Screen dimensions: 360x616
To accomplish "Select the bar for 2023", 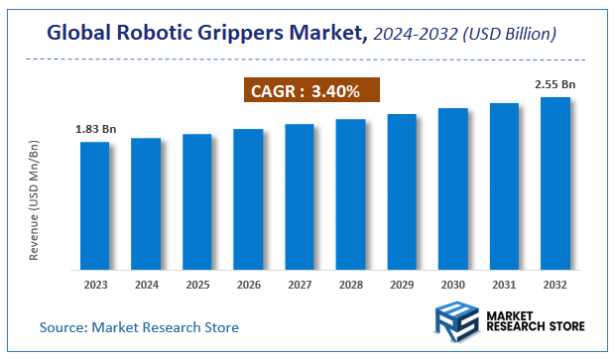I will (x=94, y=205).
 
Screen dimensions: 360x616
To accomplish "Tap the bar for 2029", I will (x=402, y=191).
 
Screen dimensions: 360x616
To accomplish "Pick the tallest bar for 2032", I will (x=555, y=183).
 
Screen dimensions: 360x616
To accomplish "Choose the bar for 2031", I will (x=504, y=186).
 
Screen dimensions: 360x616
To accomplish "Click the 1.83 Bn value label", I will (x=94, y=130).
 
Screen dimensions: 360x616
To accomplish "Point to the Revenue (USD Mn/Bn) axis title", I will (x=35, y=200).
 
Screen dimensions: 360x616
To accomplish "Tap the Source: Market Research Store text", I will (x=139, y=326).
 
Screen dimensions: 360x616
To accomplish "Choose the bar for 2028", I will (x=350, y=194).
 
